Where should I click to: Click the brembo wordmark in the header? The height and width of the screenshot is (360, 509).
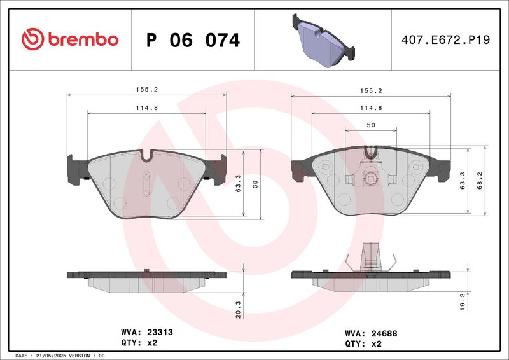point(81,39)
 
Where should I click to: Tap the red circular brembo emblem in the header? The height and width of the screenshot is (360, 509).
point(32,39)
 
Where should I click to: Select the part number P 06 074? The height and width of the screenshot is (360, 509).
point(193,41)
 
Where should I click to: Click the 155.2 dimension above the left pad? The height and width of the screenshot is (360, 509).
point(146,90)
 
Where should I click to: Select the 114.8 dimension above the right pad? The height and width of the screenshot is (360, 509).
point(370,108)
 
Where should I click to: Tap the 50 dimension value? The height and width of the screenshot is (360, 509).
point(370,126)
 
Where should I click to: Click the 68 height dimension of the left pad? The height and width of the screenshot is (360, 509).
point(255,184)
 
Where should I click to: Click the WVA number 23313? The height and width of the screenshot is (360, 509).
point(160,332)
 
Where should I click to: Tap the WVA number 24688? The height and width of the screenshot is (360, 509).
point(384,333)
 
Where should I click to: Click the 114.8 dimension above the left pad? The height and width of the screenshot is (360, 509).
point(146,108)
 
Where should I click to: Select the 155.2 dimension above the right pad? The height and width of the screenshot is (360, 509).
point(370,90)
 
